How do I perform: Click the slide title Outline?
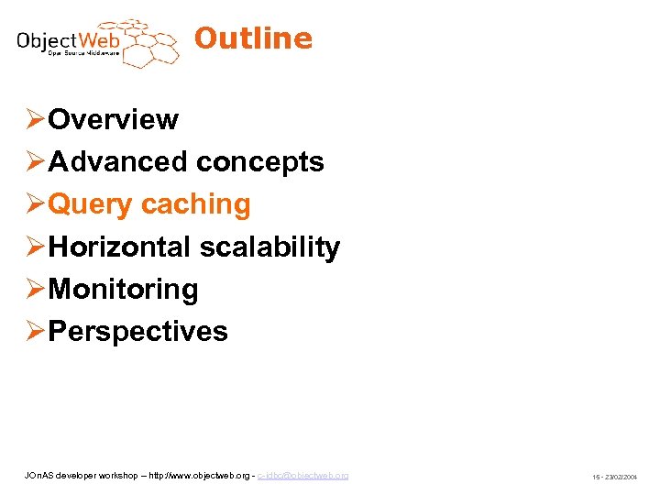[253, 38]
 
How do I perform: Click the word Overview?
[113, 119]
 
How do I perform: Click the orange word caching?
[196, 204]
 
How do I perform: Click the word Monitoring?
[123, 289]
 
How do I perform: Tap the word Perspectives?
[137, 331]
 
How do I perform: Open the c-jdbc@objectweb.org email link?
[302, 476]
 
